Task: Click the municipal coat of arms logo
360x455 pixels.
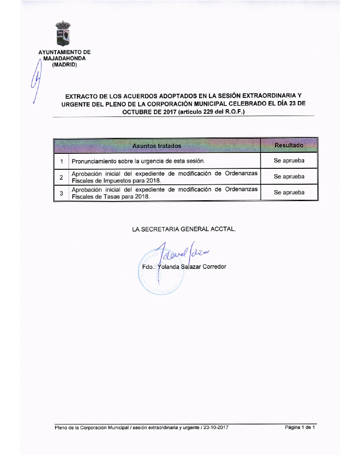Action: click(x=63, y=34)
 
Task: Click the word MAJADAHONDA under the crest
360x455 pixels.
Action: click(x=64, y=58)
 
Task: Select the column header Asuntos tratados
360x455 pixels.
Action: click(x=157, y=146)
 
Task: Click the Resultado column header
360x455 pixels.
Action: click(x=289, y=145)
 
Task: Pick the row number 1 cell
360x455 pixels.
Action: click(x=61, y=161)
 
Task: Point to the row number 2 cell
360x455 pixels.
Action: click(x=61, y=177)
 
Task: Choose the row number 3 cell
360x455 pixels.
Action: click(x=61, y=192)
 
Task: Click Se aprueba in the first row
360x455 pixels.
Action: click(x=289, y=161)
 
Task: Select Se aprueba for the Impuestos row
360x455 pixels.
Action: click(x=289, y=177)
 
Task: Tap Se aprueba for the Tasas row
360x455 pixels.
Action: click(x=289, y=192)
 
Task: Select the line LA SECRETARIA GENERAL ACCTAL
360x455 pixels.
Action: click(x=184, y=230)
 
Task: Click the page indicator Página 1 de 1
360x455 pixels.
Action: click(x=300, y=428)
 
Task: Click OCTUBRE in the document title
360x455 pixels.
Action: click(x=140, y=111)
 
